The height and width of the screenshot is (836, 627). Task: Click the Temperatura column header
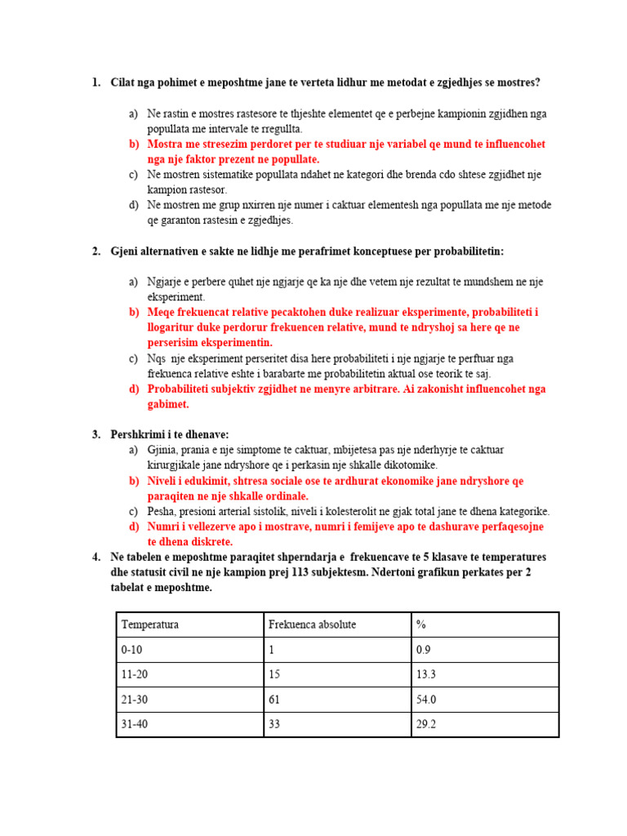point(150,625)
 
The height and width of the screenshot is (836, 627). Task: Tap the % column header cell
point(421,625)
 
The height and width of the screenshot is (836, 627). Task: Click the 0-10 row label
point(131,650)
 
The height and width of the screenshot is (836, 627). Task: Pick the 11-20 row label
point(134,674)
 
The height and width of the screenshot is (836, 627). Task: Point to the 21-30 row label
point(134,700)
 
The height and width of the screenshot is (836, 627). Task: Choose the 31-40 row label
point(134,724)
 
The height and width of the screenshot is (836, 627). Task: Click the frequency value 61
point(274,700)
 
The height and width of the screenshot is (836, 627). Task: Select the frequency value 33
point(274,724)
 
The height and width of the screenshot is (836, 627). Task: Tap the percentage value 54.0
point(426,700)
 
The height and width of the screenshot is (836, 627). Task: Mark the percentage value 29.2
point(426,724)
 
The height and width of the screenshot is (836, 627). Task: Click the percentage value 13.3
point(426,674)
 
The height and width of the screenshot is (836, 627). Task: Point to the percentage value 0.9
point(423,650)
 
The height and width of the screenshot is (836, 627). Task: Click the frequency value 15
point(274,674)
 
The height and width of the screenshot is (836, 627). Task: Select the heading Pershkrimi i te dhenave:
point(170,434)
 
